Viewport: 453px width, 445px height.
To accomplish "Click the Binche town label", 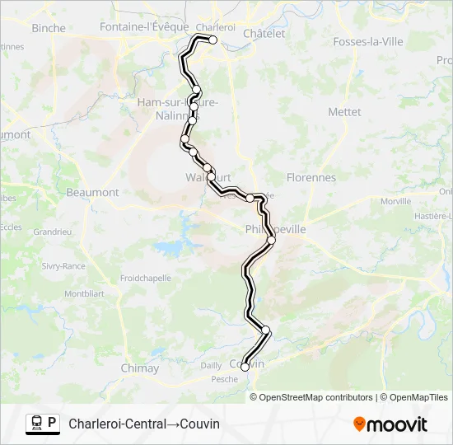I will (x=48, y=28).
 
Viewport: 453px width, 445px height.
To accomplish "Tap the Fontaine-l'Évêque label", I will (x=144, y=26).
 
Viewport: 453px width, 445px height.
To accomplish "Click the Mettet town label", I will (x=344, y=111).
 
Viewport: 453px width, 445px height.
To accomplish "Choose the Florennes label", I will (x=311, y=177).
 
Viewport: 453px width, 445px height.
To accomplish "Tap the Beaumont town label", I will (x=92, y=192).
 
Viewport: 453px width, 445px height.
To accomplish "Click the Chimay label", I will (x=139, y=368).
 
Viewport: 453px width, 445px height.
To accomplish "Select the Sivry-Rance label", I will (x=63, y=266).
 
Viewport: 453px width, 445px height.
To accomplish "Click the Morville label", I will (x=396, y=201).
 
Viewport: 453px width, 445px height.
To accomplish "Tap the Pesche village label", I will (x=224, y=379).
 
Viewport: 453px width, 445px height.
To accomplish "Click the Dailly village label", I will (x=211, y=365).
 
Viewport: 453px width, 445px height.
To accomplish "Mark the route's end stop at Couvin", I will (x=245, y=368).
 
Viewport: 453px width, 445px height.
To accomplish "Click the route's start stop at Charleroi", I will (x=212, y=40).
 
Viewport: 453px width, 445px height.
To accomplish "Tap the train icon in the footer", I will (x=36, y=424).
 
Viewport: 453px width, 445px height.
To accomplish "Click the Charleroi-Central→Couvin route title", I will (x=144, y=424).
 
